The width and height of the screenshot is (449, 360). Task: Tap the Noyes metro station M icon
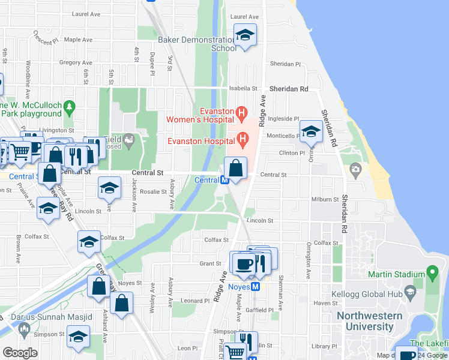[255, 286]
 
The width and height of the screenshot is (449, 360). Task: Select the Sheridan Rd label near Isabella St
[289, 89]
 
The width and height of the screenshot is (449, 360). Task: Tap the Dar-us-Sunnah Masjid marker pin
[24, 328]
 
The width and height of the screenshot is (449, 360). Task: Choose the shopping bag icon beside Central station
[236, 167]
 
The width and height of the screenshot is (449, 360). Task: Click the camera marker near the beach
[356, 170]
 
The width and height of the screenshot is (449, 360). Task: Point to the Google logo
[20, 353]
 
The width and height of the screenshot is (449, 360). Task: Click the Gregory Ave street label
[75, 62]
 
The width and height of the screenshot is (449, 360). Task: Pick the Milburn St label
[325, 199]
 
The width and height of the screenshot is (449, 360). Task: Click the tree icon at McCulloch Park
[70, 107]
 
